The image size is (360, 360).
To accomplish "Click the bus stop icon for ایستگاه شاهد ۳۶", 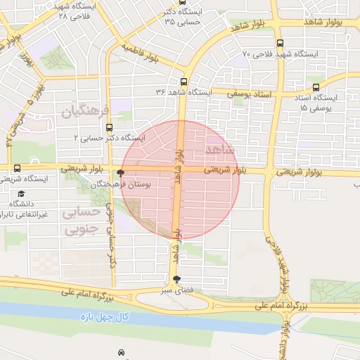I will pos(184,82).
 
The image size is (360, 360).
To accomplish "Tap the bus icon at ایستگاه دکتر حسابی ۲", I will pos(109,128).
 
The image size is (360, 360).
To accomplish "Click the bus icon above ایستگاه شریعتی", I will pos(17,168).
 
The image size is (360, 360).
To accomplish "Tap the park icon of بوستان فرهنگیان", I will pos(121,173).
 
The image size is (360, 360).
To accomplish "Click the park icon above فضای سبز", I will pos(176,279).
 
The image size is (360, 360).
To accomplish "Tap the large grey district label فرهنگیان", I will pos(87,111).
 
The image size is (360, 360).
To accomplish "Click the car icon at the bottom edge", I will pos(122,352).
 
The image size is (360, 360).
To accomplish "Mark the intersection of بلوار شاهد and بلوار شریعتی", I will pos(179,169).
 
